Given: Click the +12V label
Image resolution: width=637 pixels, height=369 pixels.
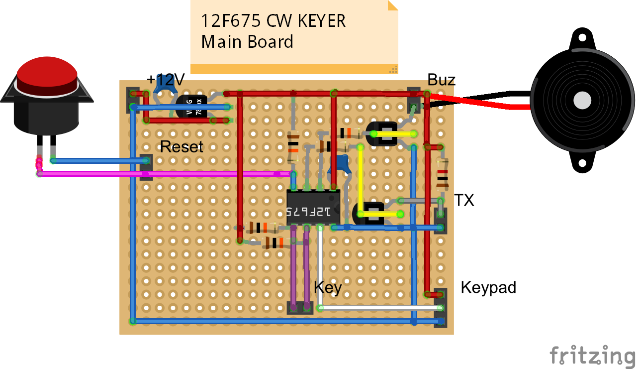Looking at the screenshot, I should click(166, 80).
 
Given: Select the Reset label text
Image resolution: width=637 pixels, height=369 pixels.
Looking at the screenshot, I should click(182, 147).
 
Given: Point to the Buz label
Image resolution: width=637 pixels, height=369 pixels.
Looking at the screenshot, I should click(442, 80).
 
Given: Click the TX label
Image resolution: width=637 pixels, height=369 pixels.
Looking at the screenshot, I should click(464, 201).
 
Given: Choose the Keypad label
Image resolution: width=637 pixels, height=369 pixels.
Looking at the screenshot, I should click(488, 287).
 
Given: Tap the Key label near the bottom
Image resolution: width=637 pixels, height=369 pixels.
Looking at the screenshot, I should click(328, 288).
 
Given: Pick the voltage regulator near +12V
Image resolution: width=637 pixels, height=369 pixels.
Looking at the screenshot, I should click(191, 106).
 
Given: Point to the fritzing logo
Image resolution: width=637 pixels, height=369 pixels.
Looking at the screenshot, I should click(592, 356).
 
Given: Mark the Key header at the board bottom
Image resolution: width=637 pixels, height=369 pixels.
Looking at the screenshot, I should click(300, 308).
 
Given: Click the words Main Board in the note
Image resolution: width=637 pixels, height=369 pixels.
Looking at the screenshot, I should click(247, 41).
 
